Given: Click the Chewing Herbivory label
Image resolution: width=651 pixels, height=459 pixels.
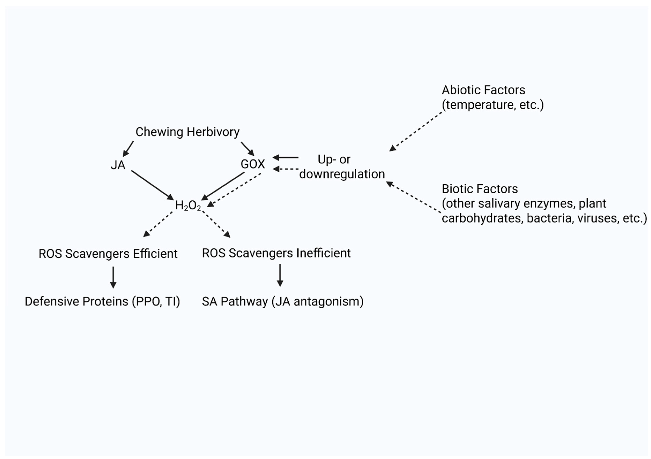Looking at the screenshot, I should pos(187,132).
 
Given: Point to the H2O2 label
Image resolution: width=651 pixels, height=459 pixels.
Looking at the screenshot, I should pos(188,205).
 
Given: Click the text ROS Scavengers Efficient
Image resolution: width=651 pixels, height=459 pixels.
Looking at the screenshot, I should pos(108,254).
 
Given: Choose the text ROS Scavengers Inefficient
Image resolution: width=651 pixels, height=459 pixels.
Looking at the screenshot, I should pos(276,253).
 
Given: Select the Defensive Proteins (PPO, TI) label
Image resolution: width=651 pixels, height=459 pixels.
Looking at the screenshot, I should pos(102,301).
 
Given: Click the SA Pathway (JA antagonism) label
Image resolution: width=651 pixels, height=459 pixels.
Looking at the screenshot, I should pos(282,301).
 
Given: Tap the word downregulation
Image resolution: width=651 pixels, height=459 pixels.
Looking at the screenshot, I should pos(342,174).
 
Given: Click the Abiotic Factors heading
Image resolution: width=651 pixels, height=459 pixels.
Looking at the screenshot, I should pos(483,90).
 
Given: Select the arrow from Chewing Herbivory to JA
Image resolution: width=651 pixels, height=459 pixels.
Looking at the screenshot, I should pos(128,149).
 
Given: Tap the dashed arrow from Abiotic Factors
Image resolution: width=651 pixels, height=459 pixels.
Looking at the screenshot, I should pos(416,131).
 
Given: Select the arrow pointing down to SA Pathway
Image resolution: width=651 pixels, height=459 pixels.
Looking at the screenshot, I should pos(280,275).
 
